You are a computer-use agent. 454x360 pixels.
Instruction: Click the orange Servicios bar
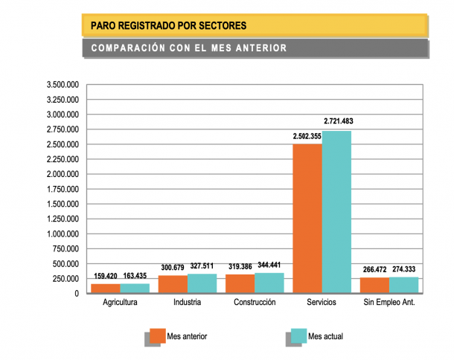[x=307, y=219]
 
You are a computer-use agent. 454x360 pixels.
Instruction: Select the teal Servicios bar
[x=336, y=212]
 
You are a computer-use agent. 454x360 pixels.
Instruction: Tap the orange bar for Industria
[x=173, y=284]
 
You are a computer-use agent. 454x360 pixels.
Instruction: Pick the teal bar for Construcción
[x=269, y=283]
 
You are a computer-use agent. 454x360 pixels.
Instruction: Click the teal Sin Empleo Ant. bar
[x=403, y=285]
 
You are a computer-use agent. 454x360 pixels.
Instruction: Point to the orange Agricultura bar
[x=106, y=288]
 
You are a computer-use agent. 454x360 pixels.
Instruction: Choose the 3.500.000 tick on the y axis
[x=63, y=85]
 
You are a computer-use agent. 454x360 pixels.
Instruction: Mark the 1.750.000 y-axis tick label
[x=63, y=189]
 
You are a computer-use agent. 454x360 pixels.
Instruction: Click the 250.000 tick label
[x=65, y=279]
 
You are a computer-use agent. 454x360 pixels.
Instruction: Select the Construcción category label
[x=255, y=303]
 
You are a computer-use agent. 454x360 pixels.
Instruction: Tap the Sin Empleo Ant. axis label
[x=389, y=303]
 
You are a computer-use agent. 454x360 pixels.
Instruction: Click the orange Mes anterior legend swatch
[x=157, y=335]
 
